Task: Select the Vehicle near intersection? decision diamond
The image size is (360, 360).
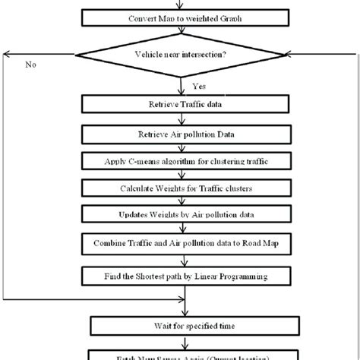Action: tap(180, 55)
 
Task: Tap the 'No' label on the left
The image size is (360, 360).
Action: tap(31, 65)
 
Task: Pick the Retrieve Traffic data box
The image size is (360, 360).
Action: tap(180, 101)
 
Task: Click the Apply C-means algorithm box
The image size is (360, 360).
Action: tap(180, 160)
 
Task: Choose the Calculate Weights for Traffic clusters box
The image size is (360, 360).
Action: tap(180, 187)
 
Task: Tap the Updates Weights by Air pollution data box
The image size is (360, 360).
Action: tap(180, 214)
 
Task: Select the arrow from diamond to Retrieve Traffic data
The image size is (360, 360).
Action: tap(180, 85)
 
